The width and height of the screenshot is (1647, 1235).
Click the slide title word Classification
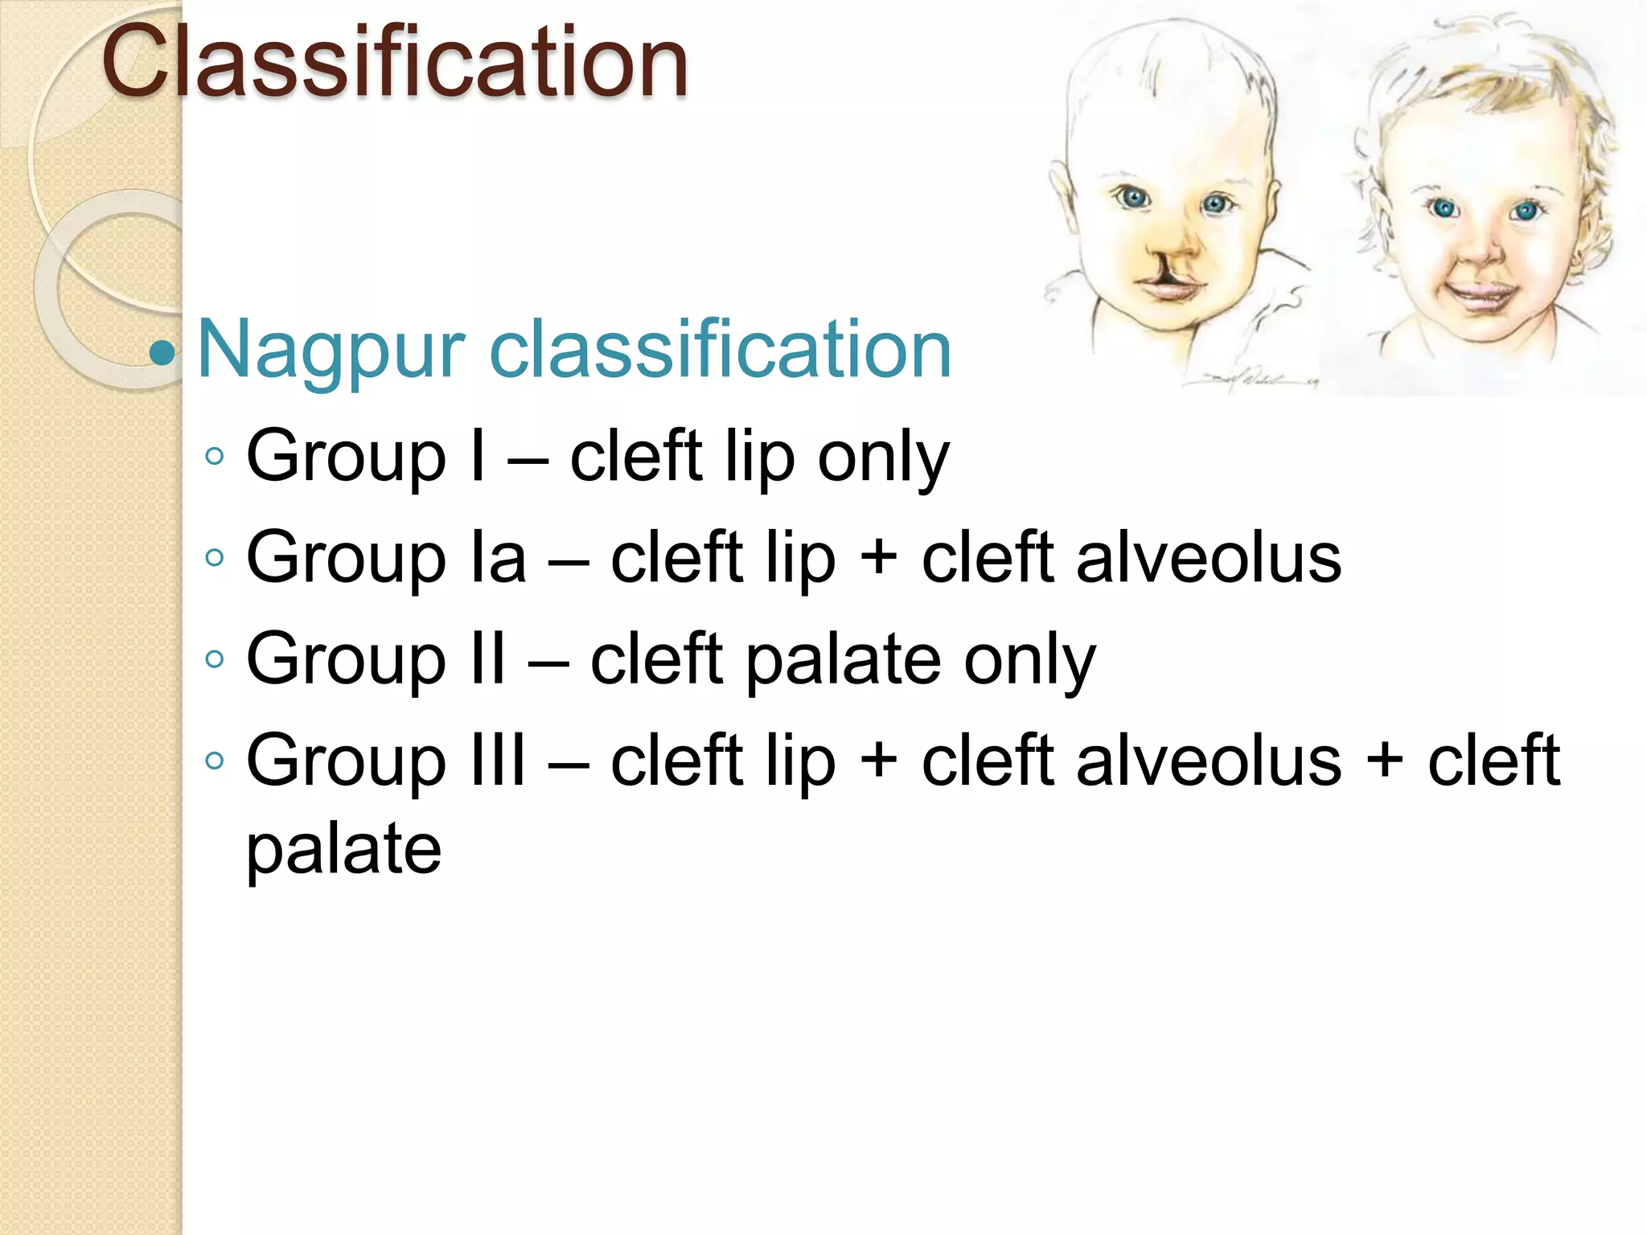pos(394,63)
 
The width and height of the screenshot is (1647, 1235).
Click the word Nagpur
pos(331,351)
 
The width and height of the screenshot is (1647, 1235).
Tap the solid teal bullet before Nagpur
pos(162,352)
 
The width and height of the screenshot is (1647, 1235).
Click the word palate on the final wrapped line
pos(343,851)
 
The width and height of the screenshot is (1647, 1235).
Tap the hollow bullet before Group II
pos(214,660)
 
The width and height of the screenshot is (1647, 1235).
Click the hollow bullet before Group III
pos(214,761)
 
